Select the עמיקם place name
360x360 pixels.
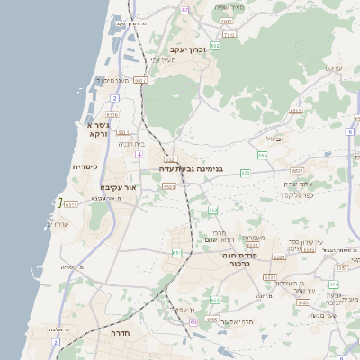point(333,68)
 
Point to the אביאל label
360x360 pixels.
point(275,139)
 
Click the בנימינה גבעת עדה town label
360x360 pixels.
point(191,168)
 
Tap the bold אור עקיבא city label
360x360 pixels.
point(118,187)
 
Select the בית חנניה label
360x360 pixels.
point(130,143)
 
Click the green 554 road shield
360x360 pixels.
point(263,156)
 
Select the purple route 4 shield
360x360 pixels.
point(139,154)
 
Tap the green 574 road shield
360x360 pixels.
point(334,284)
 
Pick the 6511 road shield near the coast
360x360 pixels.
point(71,204)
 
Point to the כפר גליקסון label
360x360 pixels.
point(295,194)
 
